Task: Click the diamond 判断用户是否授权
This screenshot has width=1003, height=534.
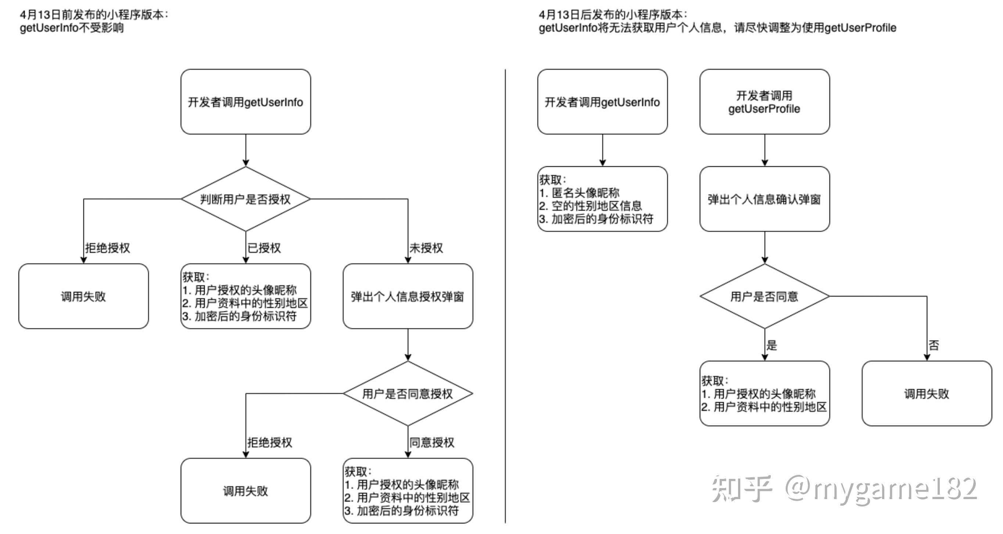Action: (246, 199)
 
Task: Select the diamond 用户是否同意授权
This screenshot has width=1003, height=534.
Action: (408, 393)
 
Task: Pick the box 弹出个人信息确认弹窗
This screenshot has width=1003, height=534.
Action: (764, 199)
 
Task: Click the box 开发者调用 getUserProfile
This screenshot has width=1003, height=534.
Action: (764, 102)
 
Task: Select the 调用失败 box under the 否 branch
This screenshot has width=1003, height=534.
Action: (927, 393)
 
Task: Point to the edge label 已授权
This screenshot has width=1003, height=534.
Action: (264, 248)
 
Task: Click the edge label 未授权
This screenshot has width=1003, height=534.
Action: (426, 248)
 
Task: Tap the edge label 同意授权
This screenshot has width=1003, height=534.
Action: (432, 442)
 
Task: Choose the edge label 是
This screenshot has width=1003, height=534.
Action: (772, 345)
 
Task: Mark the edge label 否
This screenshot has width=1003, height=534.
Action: (934, 345)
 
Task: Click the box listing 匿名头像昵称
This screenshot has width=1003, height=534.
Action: (602, 199)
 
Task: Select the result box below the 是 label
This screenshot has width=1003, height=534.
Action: (764, 393)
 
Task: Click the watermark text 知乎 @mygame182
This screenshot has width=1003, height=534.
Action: (844, 489)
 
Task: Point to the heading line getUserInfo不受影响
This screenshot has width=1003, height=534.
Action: (72, 28)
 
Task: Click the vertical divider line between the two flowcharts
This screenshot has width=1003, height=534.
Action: (505, 296)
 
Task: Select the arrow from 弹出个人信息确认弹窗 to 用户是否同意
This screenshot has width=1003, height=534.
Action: (765, 248)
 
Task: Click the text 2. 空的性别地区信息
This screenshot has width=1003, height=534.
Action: (590, 206)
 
